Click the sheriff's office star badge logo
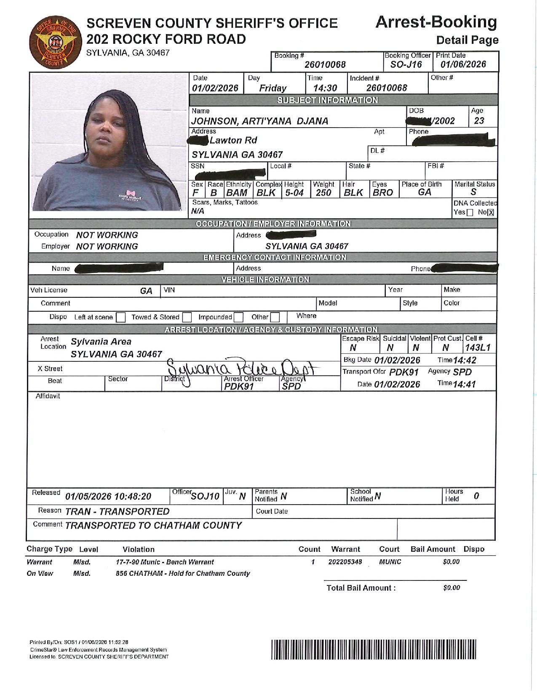(x=53, y=43)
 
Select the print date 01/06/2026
(x=463, y=64)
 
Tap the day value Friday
(x=273, y=88)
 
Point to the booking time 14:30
(x=325, y=88)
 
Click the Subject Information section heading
(x=327, y=100)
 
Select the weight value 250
(x=323, y=193)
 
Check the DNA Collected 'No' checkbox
(x=490, y=212)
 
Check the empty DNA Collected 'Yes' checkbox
(x=470, y=212)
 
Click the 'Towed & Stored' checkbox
(x=187, y=317)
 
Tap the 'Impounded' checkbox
(x=238, y=317)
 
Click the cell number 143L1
(x=478, y=348)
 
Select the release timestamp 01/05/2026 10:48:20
(x=108, y=497)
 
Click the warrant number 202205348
(x=345, y=562)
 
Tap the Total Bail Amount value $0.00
(x=451, y=588)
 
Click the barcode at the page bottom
(x=374, y=649)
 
